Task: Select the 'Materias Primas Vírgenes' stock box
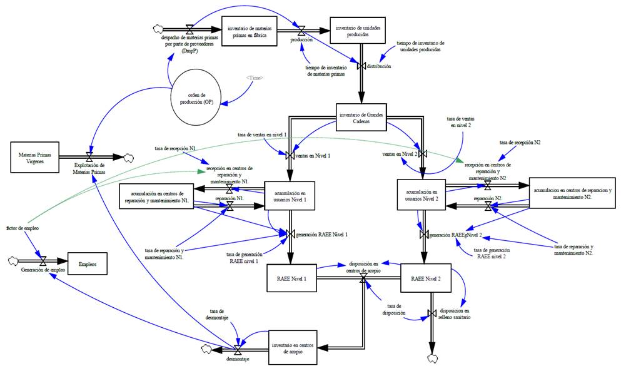38,155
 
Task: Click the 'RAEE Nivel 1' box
291,278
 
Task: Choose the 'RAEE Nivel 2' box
425,279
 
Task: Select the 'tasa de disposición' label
394,308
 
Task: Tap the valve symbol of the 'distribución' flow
361,66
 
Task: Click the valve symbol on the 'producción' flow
301,30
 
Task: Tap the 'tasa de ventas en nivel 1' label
262,135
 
